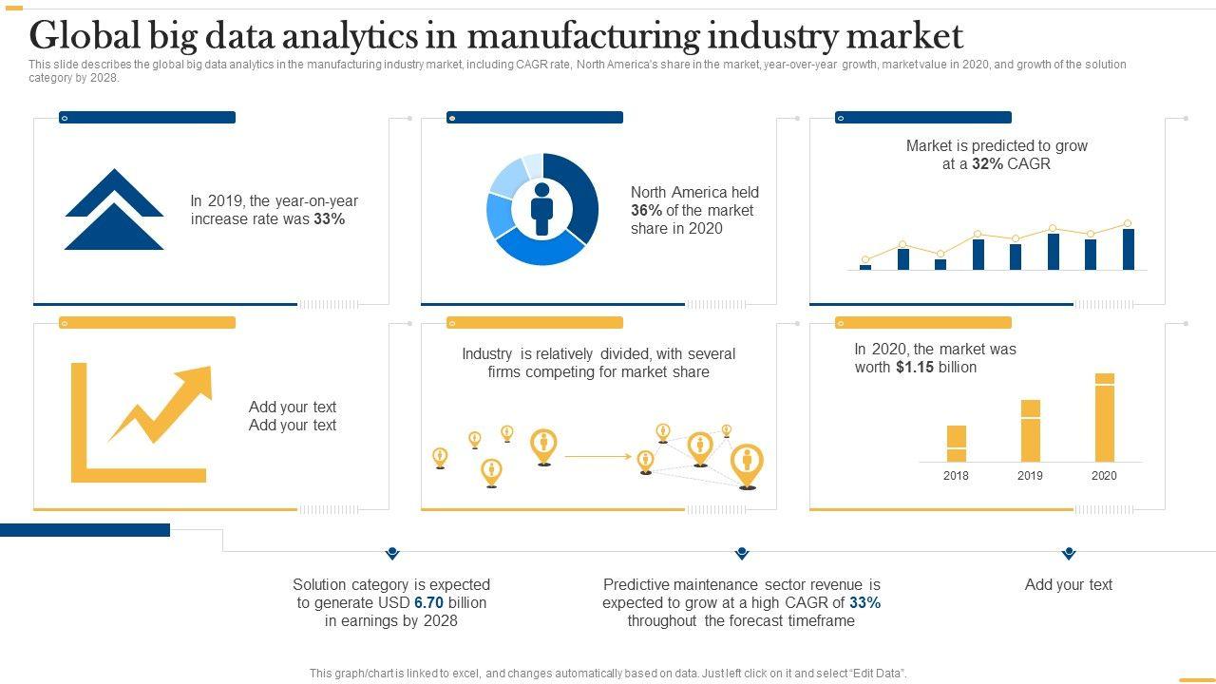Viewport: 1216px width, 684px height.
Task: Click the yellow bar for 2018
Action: [x=957, y=444]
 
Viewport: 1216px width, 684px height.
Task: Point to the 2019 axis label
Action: [x=1030, y=476]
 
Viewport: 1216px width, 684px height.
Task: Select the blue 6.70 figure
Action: [x=428, y=602]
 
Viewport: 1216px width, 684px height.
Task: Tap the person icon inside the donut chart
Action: [x=541, y=209]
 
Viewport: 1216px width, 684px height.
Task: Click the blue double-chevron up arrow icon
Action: [x=114, y=210]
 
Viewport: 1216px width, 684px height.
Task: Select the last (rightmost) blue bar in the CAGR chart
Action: [x=1128, y=249]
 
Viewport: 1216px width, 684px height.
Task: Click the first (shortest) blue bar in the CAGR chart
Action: [x=865, y=267]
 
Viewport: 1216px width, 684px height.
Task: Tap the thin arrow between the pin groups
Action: [x=598, y=457]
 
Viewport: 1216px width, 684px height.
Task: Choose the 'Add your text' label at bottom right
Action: [x=1068, y=584]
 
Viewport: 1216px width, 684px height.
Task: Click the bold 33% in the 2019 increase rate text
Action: [x=329, y=218]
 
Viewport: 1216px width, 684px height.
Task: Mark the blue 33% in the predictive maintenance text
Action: [x=864, y=602]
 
